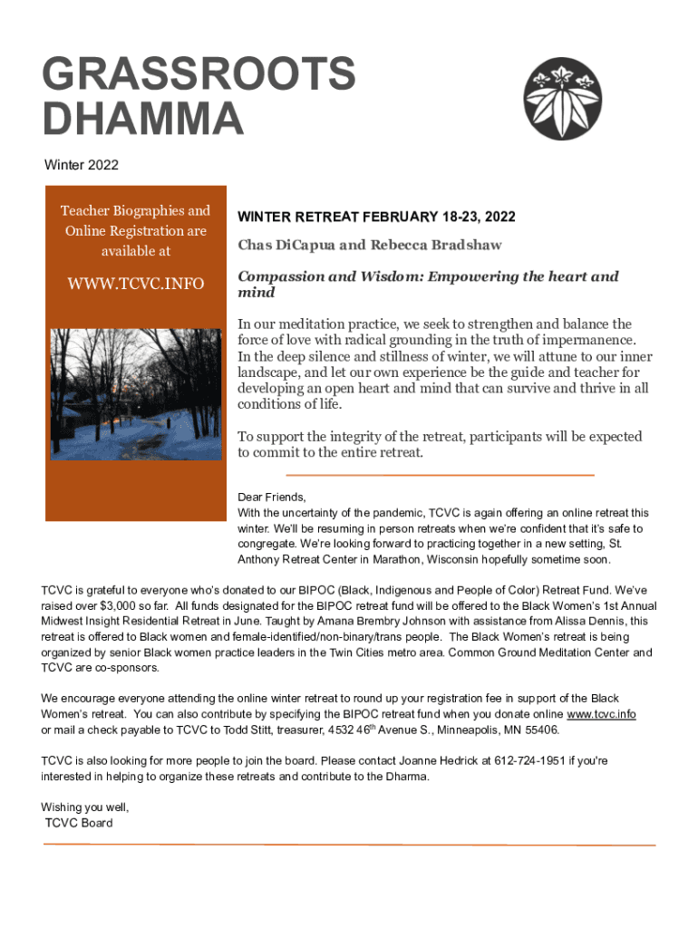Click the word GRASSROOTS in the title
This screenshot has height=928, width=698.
pyautogui.click(x=199, y=74)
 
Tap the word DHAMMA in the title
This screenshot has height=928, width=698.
pyautogui.click(x=142, y=119)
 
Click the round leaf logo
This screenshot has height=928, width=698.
pyautogui.click(x=565, y=100)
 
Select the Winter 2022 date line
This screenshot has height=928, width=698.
pyautogui.click(x=82, y=165)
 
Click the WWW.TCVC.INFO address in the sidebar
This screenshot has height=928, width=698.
pyautogui.click(x=136, y=285)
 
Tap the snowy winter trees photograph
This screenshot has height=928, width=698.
pyautogui.click(x=136, y=394)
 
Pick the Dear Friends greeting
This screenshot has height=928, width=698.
pyautogui.click(x=272, y=497)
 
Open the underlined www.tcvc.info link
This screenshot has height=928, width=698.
pyautogui.click(x=601, y=714)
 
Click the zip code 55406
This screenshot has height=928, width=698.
pyautogui.click(x=540, y=730)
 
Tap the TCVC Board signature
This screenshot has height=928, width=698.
pyautogui.click(x=79, y=823)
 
